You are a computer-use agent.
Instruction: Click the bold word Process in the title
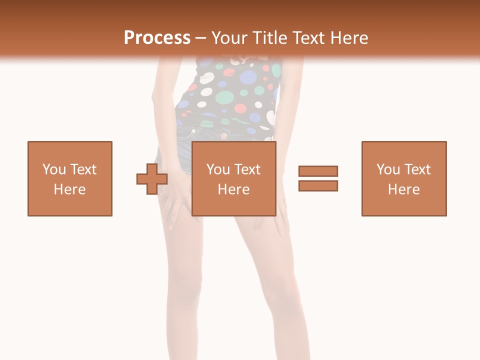coord(157,38)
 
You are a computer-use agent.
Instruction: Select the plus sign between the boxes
coord(152,178)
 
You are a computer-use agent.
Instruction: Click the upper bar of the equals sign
coord(318,171)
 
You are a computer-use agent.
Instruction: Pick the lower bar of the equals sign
coord(318,185)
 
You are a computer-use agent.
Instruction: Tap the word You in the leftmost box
coord(54,169)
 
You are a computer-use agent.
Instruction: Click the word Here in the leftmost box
coord(69,189)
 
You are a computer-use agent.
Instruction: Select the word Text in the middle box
coord(247,169)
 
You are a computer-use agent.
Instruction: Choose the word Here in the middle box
coord(233,189)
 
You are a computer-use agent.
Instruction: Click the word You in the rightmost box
coord(388,169)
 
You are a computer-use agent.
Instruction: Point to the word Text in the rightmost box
coord(417,169)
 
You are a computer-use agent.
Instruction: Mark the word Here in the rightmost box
coord(403,189)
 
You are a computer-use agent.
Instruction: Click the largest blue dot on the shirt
coord(248,77)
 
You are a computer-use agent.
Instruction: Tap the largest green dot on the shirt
coord(225,97)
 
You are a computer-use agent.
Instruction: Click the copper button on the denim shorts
coord(193,131)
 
